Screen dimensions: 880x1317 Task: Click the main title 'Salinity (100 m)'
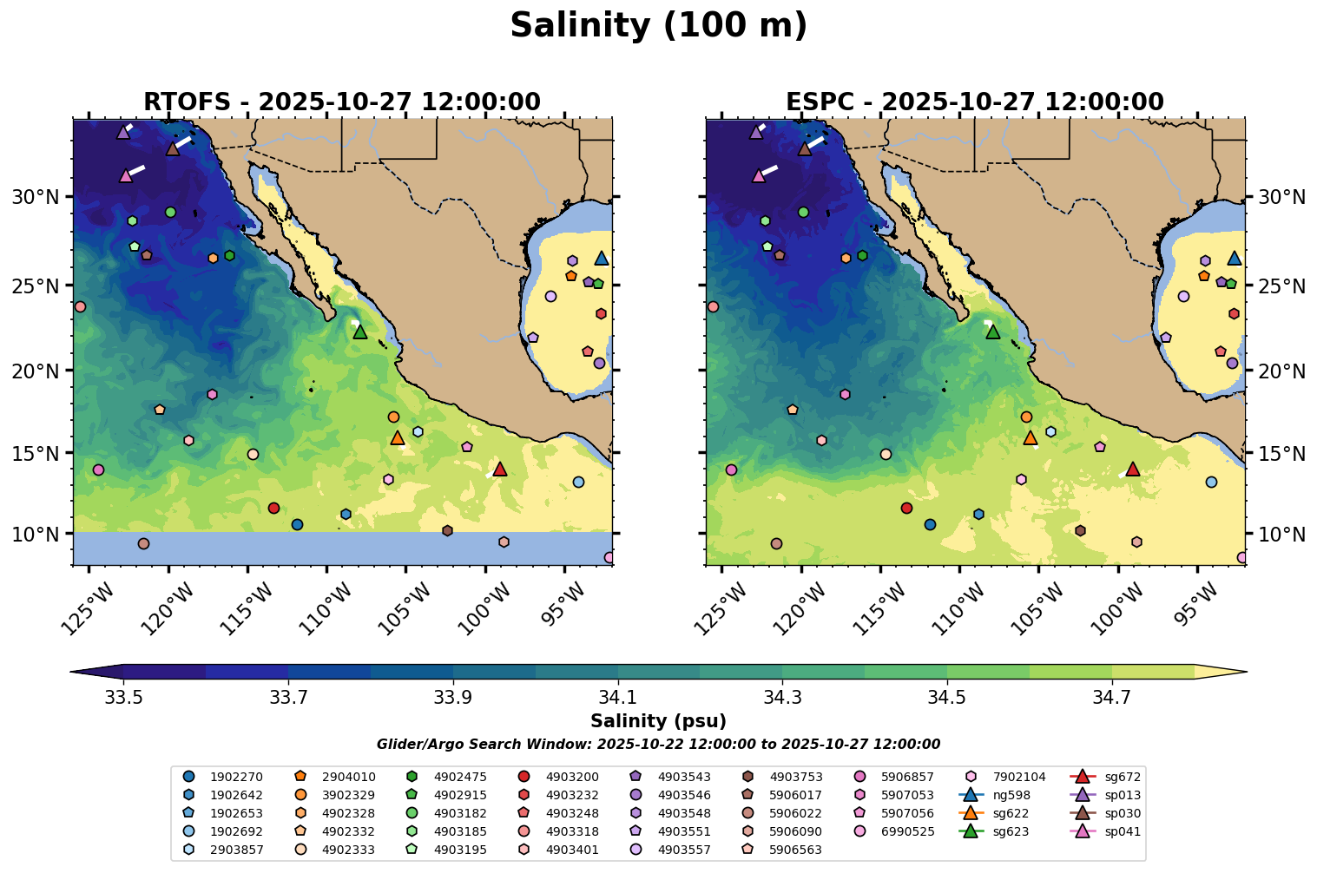tap(658, 26)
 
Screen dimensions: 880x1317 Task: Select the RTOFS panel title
tap(341, 102)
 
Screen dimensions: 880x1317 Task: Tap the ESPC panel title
tap(974, 102)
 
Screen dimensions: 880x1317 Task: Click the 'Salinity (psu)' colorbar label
tap(658, 721)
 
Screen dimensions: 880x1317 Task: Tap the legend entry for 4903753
tap(795, 777)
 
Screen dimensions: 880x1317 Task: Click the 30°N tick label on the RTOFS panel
tap(34, 197)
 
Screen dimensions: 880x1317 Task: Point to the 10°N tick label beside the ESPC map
tap(1281, 534)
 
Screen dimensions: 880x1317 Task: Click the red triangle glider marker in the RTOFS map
tap(499, 469)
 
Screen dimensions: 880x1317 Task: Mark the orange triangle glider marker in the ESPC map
tap(1030, 437)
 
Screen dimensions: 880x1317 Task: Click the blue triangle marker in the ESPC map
tap(1234, 258)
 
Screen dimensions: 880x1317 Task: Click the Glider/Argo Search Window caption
tap(658, 745)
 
